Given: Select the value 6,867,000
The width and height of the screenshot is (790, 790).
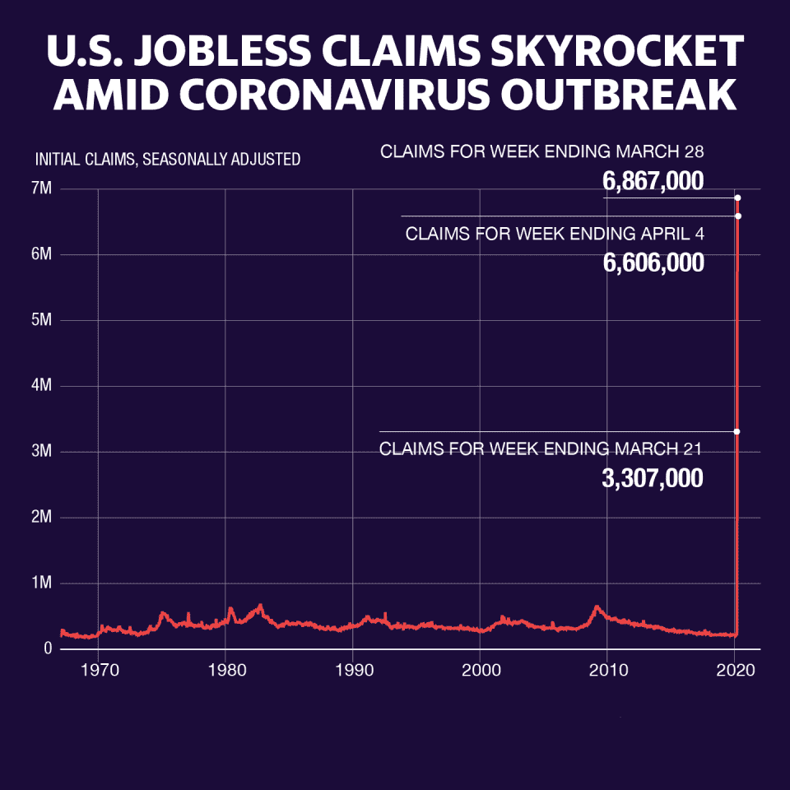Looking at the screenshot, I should (x=653, y=181).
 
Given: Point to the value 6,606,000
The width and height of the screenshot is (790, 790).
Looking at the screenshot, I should (x=653, y=263).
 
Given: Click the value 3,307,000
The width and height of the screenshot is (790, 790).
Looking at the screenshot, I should (x=653, y=478).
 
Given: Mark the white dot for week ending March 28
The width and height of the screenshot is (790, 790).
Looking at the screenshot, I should (x=737, y=198).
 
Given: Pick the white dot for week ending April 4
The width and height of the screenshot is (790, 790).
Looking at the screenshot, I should (x=737, y=216).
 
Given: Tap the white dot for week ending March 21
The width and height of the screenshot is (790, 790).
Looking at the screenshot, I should (x=737, y=431).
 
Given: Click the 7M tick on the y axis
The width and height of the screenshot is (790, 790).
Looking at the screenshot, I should (x=42, y=189).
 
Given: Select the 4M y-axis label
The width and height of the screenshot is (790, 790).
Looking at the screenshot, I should (x=42, y=386).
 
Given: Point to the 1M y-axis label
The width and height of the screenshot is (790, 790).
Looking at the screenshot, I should (x=42, y=583).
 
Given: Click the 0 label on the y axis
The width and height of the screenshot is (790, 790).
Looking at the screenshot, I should (x=48, y=649).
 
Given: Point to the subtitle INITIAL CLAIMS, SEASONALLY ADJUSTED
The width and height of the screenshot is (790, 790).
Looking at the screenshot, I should (x=168, y=160).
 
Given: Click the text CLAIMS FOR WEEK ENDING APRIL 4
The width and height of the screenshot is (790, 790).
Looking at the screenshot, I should (x=555, y=234).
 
